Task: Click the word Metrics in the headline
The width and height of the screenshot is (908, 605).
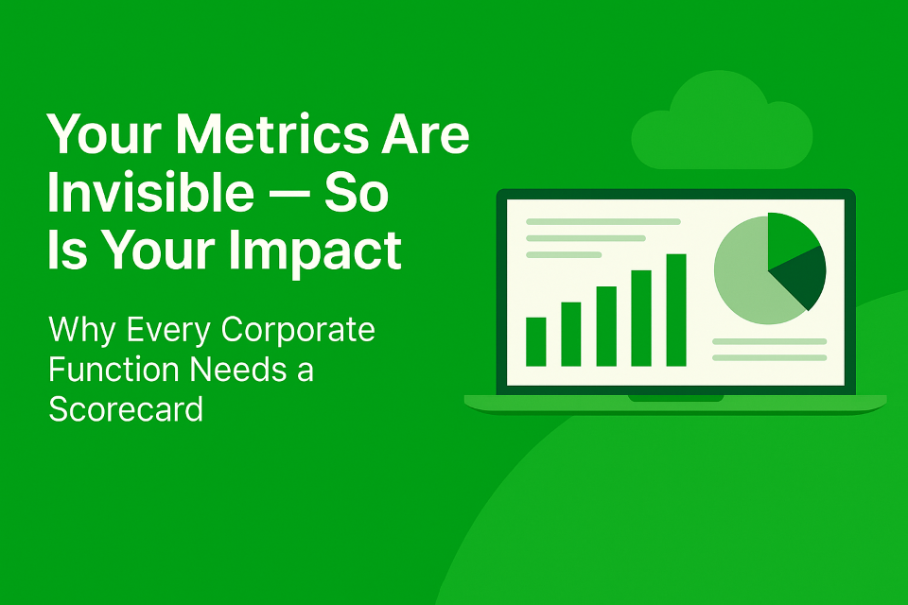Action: pos(271,134)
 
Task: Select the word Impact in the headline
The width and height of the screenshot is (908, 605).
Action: pos(315,251)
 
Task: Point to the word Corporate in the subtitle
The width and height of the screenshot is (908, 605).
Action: pos(298,331)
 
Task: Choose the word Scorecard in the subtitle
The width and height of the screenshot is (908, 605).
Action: pos(126,408)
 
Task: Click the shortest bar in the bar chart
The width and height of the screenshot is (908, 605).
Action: pos(535,341)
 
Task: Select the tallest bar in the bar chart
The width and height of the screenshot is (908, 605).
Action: pos(676,310)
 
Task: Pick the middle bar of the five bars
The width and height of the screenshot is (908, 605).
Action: pos(606,326)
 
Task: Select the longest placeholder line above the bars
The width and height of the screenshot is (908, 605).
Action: pos(602,222)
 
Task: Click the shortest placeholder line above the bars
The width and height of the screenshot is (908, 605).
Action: pos(564,254)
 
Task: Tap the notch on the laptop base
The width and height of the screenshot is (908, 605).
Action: pos(675,398)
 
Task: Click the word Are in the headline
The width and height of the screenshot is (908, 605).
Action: pos(425,134)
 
